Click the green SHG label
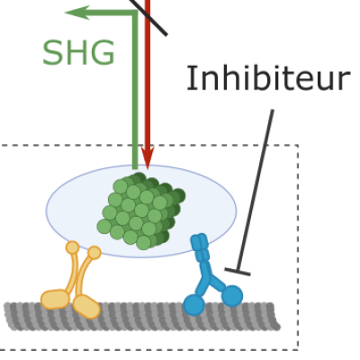(78, 53)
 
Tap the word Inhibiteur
(268, 78)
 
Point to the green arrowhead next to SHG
(77, 13)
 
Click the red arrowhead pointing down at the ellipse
(148, 157)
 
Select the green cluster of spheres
(141, 211)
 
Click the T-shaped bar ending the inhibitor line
(238, 272)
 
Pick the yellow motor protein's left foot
(55, 299)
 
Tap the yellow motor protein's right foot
(86, 307)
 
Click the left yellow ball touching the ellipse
(72, 247)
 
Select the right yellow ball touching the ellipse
(94, 253)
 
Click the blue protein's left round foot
(194, 305)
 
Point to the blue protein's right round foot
(232, 296)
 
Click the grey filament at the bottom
(142, 317)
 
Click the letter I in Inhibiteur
(189, 78)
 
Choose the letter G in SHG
(103, 53)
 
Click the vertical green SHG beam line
(135, 90)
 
